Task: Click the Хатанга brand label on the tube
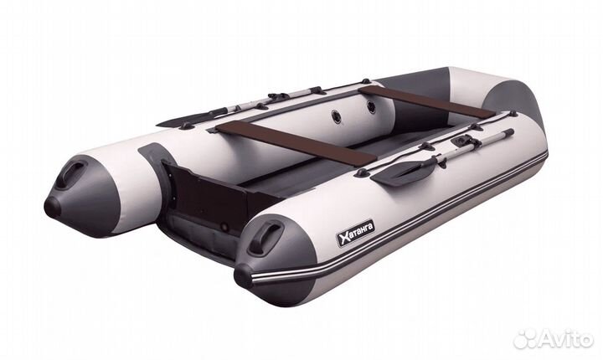coord(356,234)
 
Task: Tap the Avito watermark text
coord(564,339)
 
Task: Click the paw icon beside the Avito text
coord(525,338)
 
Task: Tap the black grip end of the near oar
coord(507,132)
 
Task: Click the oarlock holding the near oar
coord(460,141)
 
